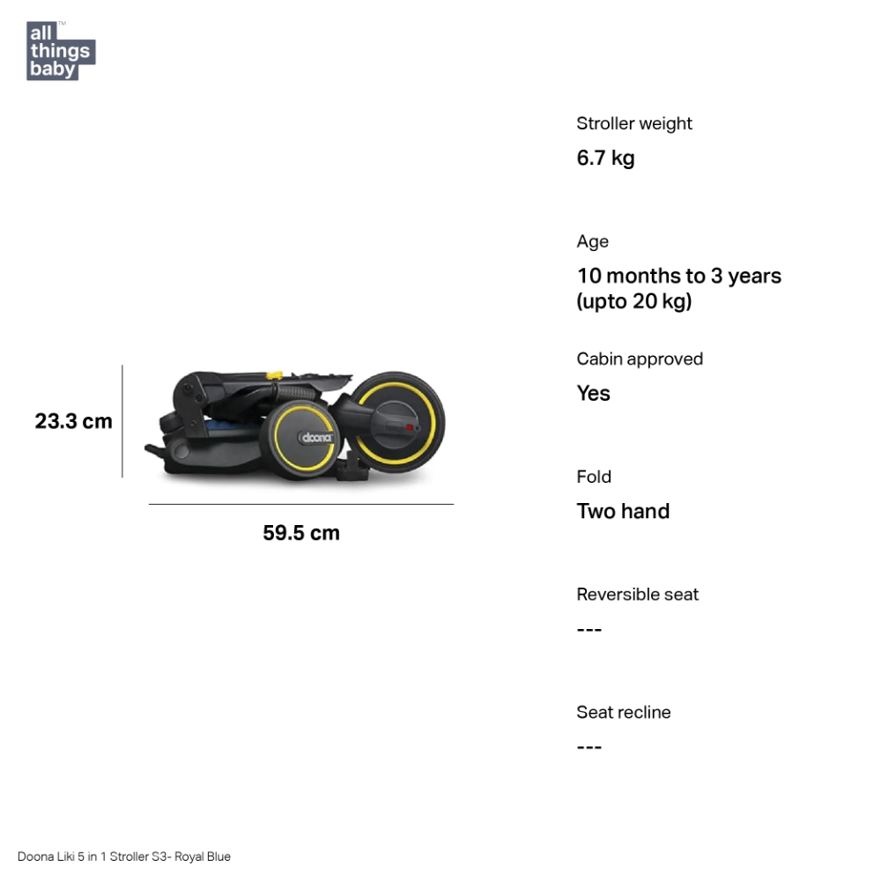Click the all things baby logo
[x=60, y=51]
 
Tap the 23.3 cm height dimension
[x=74, y=421]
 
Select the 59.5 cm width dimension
[x=300, y=533]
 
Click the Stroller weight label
[x=634, y=123]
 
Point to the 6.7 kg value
[x=605, y=159]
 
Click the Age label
[x=592, y=241]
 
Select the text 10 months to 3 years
[x=678, y=276]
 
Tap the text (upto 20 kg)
[x=633, y=301]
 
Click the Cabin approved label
[x=640, y=359]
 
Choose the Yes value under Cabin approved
[x=593, y=393]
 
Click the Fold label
[x=594, y=477]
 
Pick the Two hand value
[x=623, y=511]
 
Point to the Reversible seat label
[x=638, y=595]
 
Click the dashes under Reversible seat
[x=589, y=629]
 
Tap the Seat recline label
[x=624, y=712]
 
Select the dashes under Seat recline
[x=589, y=747]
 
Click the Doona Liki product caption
[x=124, y=856]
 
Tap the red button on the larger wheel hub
[x=407, y=426]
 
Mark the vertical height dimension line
[x=122, y=421]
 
